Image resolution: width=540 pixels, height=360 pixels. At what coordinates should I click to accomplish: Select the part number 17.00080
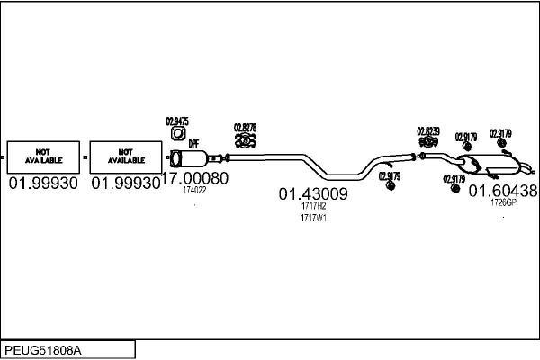tap(194, 178)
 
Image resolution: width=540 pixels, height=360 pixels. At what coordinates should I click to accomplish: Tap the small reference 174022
tap(194, 190)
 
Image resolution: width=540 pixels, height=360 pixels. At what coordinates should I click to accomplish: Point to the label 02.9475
tap(177, 121)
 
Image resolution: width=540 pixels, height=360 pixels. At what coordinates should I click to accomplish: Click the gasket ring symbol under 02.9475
tap(177, 136)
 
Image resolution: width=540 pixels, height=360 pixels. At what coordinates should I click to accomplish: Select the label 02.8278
tap(246, 127)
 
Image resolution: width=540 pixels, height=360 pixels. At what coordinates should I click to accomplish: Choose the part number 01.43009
tap(313, 193)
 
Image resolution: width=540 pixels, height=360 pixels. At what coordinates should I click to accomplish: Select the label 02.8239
tap(427, 131)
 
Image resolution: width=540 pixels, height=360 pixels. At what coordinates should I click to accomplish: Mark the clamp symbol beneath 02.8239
tap(427, 143)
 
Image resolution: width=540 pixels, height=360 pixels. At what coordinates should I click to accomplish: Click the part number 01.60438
tap(503, 191)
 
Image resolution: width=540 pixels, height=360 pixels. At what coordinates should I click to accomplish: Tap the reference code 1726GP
tap(503, 202)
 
